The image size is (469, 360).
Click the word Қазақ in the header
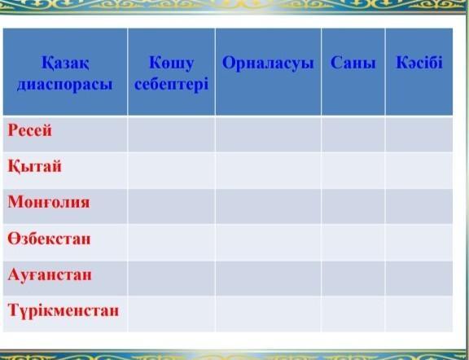(x=65, y=64)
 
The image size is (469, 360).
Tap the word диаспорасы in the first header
(x=65, y=85)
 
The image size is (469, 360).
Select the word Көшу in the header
(x=171, y=64)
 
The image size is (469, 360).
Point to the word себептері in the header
(x=171, y=85)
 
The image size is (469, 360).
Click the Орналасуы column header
(x=268, y=64)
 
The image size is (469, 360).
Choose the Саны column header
(x=353, y=64)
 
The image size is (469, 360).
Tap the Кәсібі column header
(x=419, y=63)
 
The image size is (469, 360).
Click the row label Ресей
(x=29, y=130)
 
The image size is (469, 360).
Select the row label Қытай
(x=34, y=166)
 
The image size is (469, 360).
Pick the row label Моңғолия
(x=49, y=202)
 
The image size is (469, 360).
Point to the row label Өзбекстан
(x=49, y=239)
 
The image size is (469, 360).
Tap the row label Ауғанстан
(x=50, y=274)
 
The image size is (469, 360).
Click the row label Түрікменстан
(x=64, y=310)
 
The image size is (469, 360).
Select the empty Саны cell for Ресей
(x=353, y=134)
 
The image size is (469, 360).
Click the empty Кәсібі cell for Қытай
(x=419, y=170)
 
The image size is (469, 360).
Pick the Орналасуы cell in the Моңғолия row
(x=268, y=206)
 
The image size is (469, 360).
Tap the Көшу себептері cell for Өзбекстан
(x=171, y=243)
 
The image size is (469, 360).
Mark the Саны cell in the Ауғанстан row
(x=353, y=279)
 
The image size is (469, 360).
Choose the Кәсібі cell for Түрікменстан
(x=419, y=314)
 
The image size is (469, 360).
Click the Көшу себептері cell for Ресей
(x=171, y=134)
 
